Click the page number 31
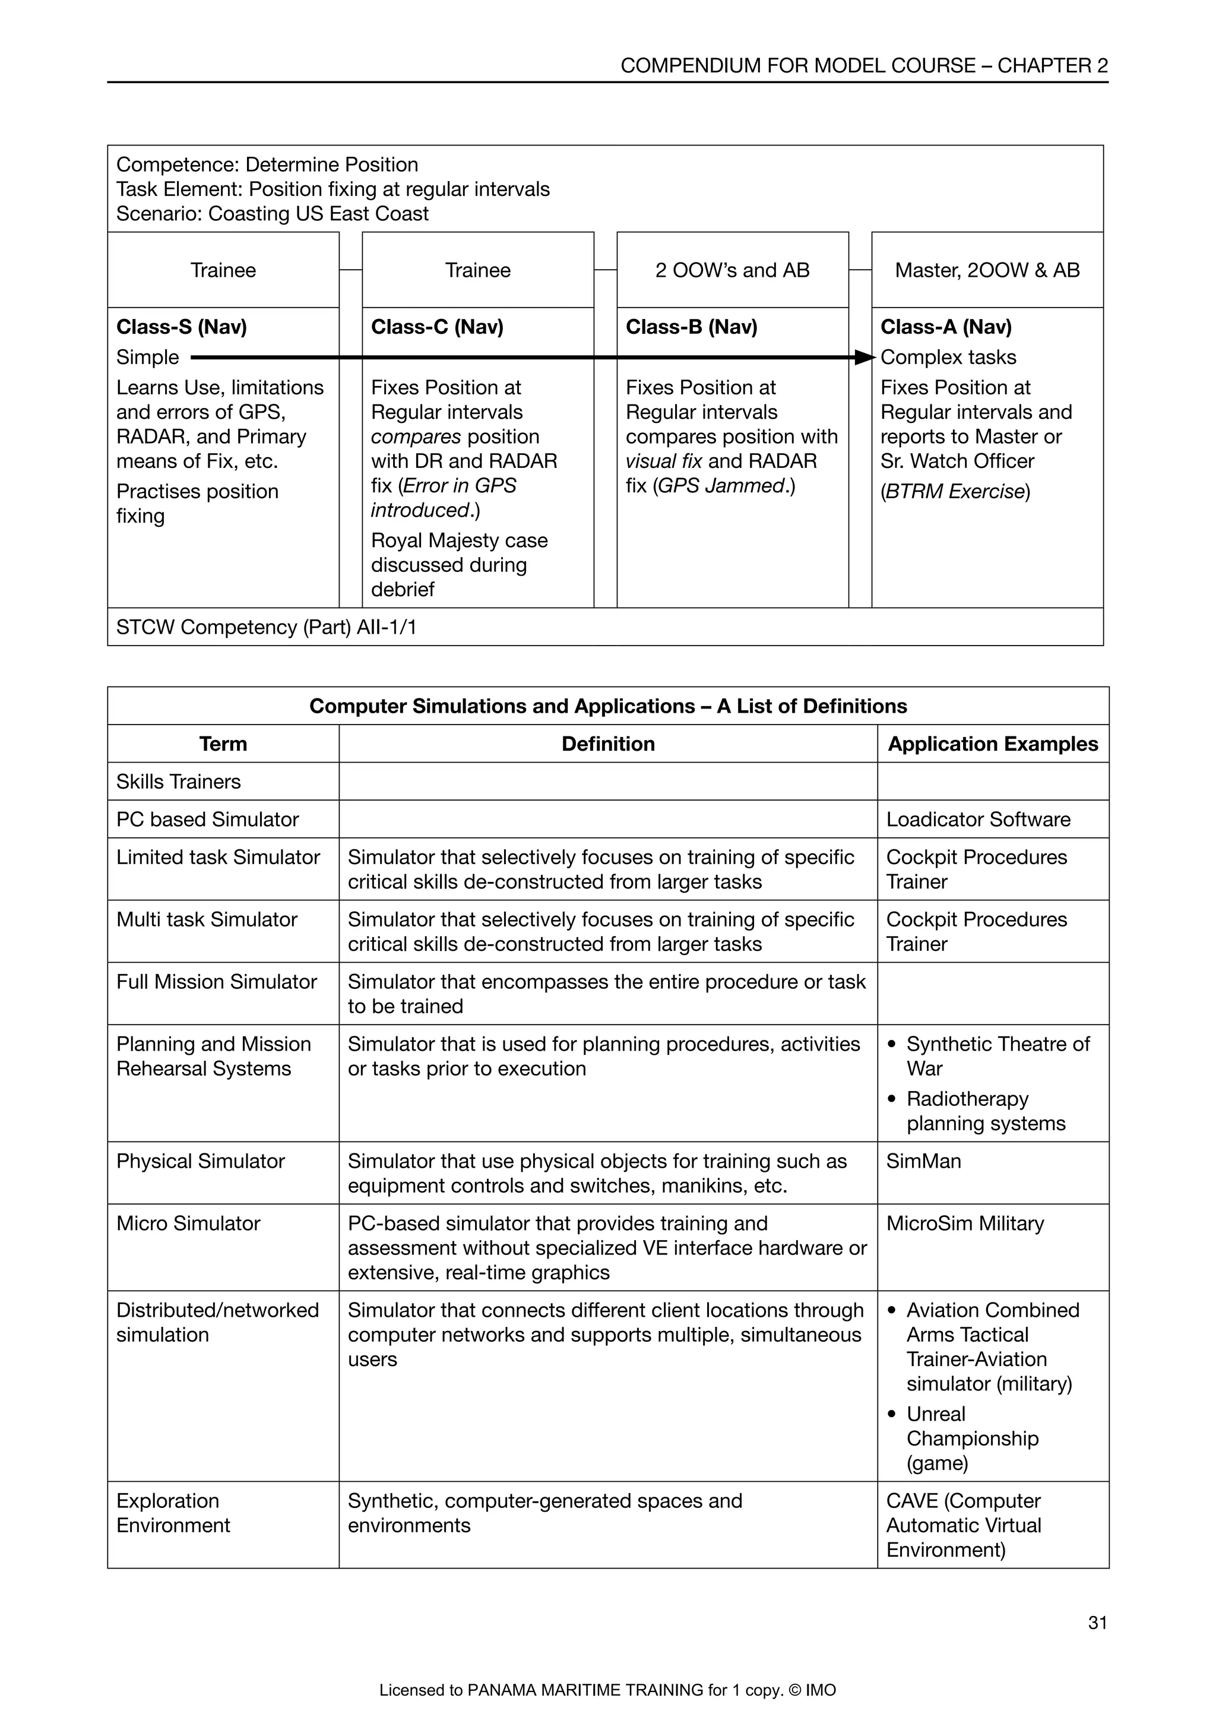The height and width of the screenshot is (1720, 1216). (1097, 1623)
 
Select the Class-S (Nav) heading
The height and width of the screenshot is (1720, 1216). (181, 327)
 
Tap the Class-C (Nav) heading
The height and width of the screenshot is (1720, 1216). (437, 327)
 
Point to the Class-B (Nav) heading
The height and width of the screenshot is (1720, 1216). (691, 327)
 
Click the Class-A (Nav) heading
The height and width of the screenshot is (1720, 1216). (946, 327)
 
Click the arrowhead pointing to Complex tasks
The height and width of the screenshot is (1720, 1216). (865, 358)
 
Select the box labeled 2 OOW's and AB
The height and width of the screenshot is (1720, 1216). (732, 270)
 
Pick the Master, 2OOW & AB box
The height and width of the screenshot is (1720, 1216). (987, 270)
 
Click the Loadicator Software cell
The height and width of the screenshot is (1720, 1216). (978, 820)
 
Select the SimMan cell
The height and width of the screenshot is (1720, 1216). (923, 1161)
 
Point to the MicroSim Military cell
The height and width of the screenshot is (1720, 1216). (964, 1223)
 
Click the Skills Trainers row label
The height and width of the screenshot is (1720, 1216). (178, 782)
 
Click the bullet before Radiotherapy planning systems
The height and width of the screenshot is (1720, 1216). (891, 1100)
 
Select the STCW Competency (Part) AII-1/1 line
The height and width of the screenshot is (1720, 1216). (266, 627)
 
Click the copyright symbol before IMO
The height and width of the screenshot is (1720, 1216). (795, 1690)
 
